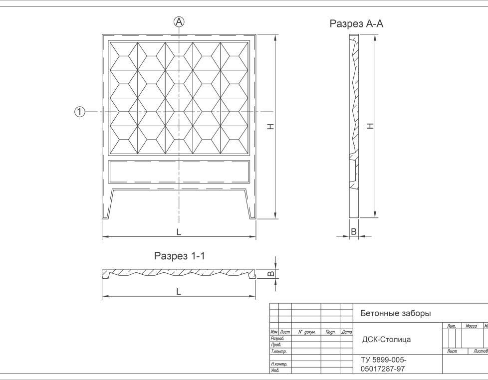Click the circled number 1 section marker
80,112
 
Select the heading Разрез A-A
356,24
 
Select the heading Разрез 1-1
180,256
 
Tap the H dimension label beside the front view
270,127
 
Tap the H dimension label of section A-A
370,127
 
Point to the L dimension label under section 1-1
179,292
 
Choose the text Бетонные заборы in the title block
395,314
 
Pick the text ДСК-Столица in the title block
386,340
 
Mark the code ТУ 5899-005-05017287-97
383,364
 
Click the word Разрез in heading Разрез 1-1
170,256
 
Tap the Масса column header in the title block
471,326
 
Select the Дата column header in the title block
347,332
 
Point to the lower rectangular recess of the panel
179,171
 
